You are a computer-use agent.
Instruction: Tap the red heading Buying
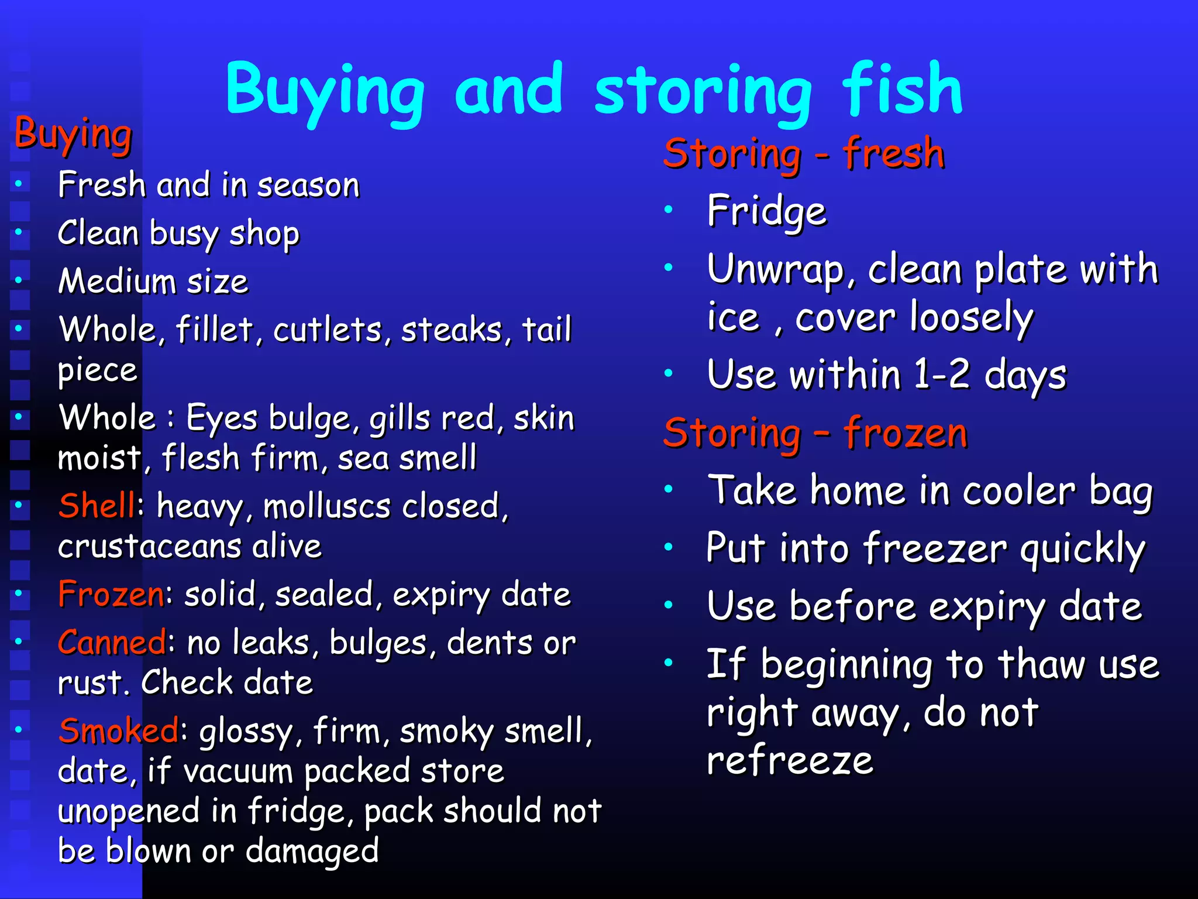click(x=73, y=134)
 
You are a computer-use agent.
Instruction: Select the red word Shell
click(x=97, y=505)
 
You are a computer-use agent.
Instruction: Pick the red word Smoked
click(x=119, y=730)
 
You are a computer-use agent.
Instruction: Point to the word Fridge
click(x=767, y=212)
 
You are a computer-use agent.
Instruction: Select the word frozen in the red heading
click(x=905, y=434)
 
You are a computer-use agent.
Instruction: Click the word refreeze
click(x=790, y=760)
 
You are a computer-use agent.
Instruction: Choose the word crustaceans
click(x=150, y=547)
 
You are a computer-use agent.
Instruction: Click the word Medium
click(x=117, y=282)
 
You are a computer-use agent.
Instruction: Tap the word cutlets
click(x=328, y=330)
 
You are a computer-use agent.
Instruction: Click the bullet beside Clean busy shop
click(x=19, y=232)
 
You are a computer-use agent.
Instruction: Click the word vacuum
click(x=237, y=771)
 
